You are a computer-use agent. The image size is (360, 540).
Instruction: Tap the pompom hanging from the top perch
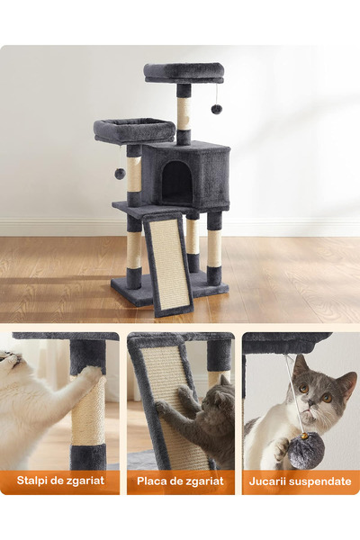coord(216,109)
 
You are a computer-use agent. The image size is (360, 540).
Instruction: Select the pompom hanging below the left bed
coord(119,173)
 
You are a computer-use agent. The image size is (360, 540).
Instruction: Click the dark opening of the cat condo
coord(176,184)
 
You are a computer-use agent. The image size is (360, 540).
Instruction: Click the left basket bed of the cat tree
coord(134,130)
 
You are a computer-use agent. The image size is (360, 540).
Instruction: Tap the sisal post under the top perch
coord(184,113)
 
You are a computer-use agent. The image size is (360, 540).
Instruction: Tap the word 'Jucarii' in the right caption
coord(272,481)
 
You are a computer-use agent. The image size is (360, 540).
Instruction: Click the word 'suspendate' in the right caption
coord(321,481)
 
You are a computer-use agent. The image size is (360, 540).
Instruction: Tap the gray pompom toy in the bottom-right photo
coord(306,451)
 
